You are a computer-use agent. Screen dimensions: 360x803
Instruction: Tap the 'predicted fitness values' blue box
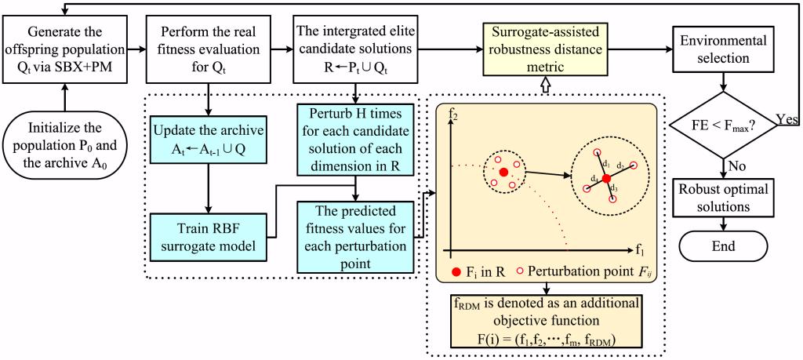pyautogui.click(x=357, y=237)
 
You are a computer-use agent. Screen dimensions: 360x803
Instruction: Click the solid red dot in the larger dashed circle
pyautogui.click(x=606, y=178)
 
